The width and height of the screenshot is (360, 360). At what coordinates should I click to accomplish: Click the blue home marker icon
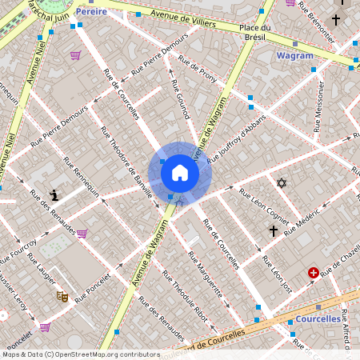tap(180, 172)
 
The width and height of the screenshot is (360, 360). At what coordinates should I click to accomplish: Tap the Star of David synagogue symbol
tap(281, 183)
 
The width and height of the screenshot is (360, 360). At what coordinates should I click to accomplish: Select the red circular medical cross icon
tap(314, 273)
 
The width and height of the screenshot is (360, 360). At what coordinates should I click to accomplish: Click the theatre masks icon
tap(62, 296)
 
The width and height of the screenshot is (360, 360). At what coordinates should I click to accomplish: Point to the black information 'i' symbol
tap(54, 194)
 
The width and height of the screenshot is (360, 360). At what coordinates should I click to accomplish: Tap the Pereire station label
tap(91, 12)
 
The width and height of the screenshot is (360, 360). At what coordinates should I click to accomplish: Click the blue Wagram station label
tap(294, 55)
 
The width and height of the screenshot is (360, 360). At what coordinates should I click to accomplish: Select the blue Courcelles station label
tap(318, 318)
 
